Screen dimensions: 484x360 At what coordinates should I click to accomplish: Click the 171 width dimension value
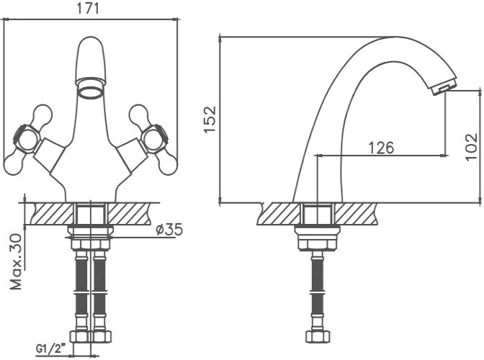coord(88,9)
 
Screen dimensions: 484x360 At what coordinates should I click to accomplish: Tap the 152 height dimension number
coord(210,120)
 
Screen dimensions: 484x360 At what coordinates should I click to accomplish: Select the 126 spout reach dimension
coord(382,148)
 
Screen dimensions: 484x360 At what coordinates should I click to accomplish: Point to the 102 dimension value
coord(471,147)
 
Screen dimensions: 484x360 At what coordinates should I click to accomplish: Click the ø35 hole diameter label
coord(169,230)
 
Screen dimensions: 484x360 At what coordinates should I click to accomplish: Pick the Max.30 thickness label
coord(16,262)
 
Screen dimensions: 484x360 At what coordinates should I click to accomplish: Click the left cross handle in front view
coord(27,140)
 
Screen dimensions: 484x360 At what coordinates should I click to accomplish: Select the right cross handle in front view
coord(153,140)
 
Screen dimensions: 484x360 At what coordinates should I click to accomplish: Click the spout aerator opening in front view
coord(91,92)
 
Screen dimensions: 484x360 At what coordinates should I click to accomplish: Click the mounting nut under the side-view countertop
coord(318,238)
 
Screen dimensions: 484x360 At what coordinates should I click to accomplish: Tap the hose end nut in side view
coord(318,336)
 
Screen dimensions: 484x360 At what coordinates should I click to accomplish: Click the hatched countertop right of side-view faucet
coord(356,213)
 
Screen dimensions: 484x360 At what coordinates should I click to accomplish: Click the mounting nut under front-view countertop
coord(91,238)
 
